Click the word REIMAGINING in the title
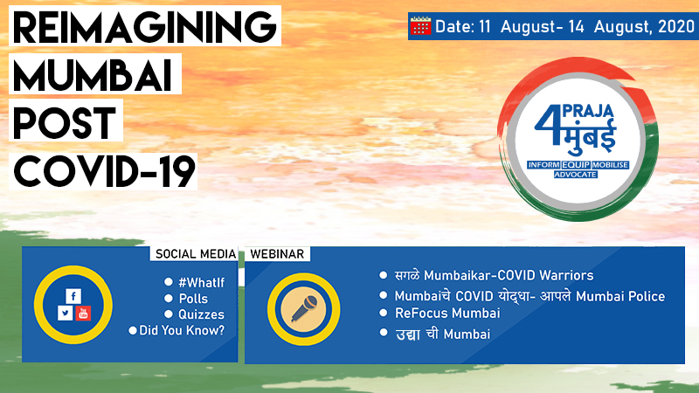click(144, 27)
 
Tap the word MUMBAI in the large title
click(93, 75)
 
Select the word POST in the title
click(65, 122)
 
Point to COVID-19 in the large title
click(104, 171)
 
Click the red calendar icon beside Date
click(420, 26)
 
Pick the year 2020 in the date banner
click(675, 27)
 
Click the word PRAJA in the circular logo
click(588, 111)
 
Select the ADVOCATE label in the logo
click(575, 174)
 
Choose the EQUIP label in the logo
click(576, 164)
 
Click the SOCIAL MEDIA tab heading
click(195, 254)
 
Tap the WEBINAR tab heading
click(277, 254)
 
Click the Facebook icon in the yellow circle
click(73, 296)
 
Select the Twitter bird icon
click(65, 313)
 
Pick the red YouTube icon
click(83, 313)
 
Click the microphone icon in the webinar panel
click(304, 309)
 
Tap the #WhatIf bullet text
click(202, 282)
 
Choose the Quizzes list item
click(202, 314)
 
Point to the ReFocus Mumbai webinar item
click(447, 313)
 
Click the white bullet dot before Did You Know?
click(133, 331)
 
